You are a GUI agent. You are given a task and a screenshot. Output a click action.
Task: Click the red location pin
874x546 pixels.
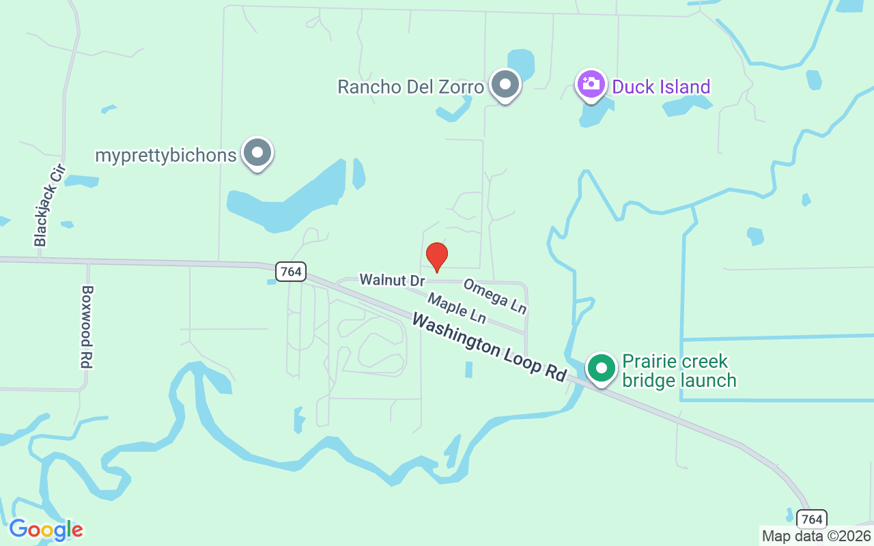tap(436, 256)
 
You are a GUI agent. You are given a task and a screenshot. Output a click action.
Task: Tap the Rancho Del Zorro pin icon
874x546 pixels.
tap(505, 85)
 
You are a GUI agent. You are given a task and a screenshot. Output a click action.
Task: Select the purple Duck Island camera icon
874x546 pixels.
tap(591, 85)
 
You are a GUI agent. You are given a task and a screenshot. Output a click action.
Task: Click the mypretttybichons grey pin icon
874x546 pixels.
tap(257, 154)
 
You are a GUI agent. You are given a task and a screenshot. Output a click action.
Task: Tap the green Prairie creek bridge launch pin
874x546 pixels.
tap(602, 369)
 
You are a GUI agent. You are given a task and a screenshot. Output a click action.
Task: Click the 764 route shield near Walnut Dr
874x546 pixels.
tap(291, 271)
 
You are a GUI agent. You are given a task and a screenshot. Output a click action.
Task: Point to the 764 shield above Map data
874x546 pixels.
tap(811, 519)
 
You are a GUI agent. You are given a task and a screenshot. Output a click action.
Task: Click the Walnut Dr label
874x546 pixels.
tap(392, 280)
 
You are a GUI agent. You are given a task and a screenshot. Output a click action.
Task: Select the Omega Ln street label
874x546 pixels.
tap(495, 296)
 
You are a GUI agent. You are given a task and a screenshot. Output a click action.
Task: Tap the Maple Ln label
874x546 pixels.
tap(457, 308)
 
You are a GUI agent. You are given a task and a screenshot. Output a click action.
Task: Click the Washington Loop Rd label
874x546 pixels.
tap(489, 347)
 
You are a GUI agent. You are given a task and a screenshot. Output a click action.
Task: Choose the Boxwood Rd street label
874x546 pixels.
tap(86, 326)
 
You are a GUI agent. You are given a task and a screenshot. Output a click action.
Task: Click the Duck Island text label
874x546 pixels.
tap(661, 87)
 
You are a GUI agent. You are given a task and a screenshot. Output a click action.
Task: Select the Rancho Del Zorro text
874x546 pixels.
tap(410, 87)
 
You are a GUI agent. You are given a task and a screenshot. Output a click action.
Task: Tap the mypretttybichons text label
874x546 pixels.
tap(165, 155)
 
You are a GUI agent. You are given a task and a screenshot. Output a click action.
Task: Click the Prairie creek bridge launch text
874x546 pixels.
tap(679, 371)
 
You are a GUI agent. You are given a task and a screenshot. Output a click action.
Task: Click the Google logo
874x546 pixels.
tap(46, 530)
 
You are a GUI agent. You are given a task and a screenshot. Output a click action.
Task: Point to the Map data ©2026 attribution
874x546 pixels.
tap(816, 536)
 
